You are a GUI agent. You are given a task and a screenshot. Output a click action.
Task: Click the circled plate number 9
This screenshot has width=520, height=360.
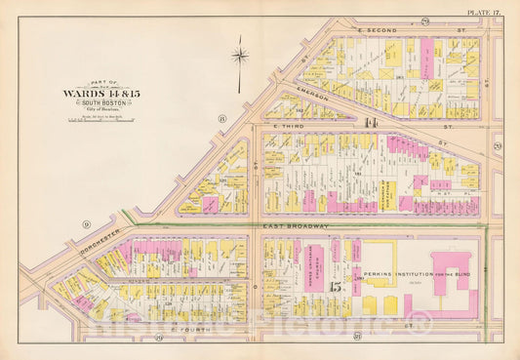87,224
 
